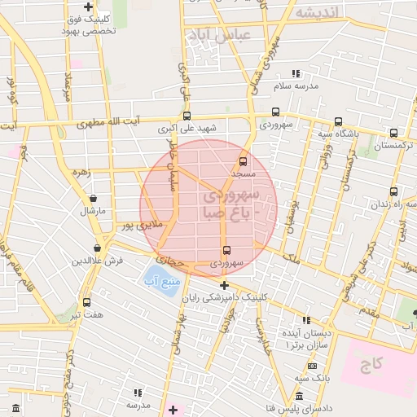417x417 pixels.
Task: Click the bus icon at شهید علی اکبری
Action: pyautogui.click(x=187, y=116)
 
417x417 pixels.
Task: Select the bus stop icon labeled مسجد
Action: pyautogui.click(x=243, y=161)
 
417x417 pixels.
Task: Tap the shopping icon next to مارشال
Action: pyautogui.click(x=93, y=198)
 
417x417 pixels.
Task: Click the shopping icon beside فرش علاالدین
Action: pyautogui.click(x=97, y=248)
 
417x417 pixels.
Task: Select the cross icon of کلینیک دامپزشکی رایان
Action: pyautogui.click(x=224, y=285)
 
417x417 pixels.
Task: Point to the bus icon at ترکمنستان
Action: pyautogui.click(x=394, y=133)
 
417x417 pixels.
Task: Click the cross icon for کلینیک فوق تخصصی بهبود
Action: pyautogui.click(x=88, y=7)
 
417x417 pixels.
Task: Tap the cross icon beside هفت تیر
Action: pyautogui.click(x=86, y=302)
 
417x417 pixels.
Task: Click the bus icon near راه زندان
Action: pyautogui.click(x=394, y=191)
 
